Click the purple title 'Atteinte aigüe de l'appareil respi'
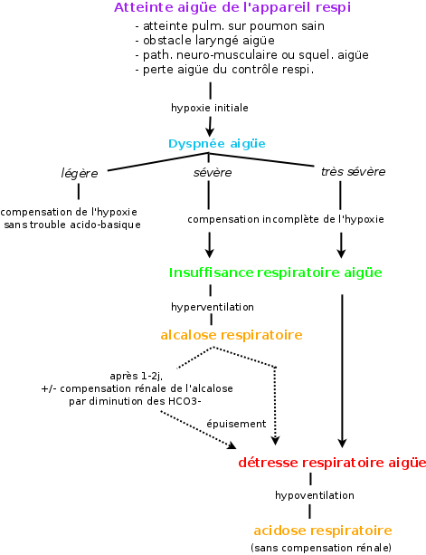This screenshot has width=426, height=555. pyautogui.click(x=232, y=8)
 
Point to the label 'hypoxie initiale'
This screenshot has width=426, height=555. pyautogui.click(x=210, y=108)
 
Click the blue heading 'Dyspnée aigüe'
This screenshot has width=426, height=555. pyautogui.click(x=217, y=144)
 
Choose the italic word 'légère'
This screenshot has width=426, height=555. pyautogui.click(x=80, y=174)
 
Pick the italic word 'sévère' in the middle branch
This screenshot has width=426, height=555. pyautogui.click(x=213, y=173)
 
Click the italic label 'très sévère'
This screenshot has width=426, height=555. pyautogui.click(x=353, y=172)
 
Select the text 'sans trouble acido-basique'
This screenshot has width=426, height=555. pyautogui.click(x=72, y=225)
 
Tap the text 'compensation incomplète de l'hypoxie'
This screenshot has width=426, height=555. pyautogui.click(x=286, y=219)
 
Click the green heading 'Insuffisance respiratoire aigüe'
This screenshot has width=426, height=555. pyautogui.click(x=275, y=273)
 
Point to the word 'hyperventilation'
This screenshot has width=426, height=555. pyautogui.click(x=213, y=307)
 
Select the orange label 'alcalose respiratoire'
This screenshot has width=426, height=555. pyautogui.click(x=232, y=335)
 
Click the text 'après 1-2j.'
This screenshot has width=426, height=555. pyautogui.click(x=137, y=376)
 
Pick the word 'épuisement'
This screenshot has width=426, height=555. pyautogui.click(x=236, y=424)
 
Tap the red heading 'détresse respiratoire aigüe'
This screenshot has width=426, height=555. pyautogui.click(x=332, y=463)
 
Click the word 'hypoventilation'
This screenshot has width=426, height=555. pyautogui.click(x=315, y=495)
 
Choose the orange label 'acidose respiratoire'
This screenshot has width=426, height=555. pyautogui.click(x=323, y=531)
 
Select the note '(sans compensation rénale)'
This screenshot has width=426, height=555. pyautogui.click(x=321, y=548)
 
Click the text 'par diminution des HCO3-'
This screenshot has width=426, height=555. pyautogui.click(x=135, y=401)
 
